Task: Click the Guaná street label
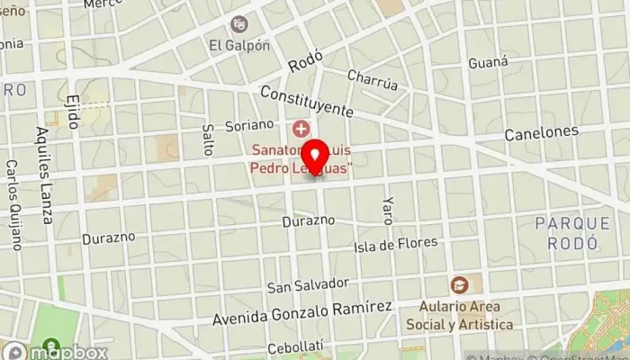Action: click(489, 63)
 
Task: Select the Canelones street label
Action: click(541, 133)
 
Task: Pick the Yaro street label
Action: click(388, 209)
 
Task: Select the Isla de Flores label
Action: click(396, 244)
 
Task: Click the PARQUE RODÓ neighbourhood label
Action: click(566, 232)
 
